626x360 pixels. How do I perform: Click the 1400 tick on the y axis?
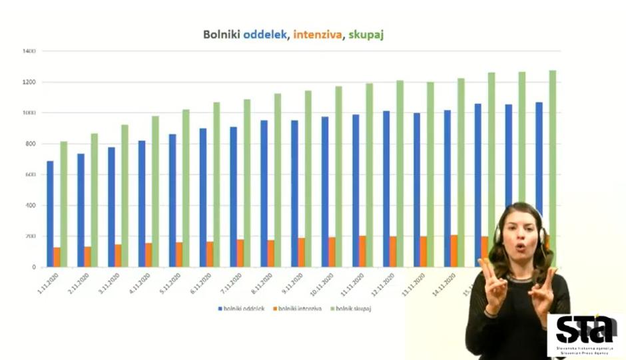point(29,51)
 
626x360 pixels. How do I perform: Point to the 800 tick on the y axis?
point(31,144)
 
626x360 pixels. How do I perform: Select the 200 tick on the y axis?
point(31,236)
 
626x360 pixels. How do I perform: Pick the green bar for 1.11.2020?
point(64,203)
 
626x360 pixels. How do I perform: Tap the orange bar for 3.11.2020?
point(118,256)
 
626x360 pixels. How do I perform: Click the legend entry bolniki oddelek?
point(243,309)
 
